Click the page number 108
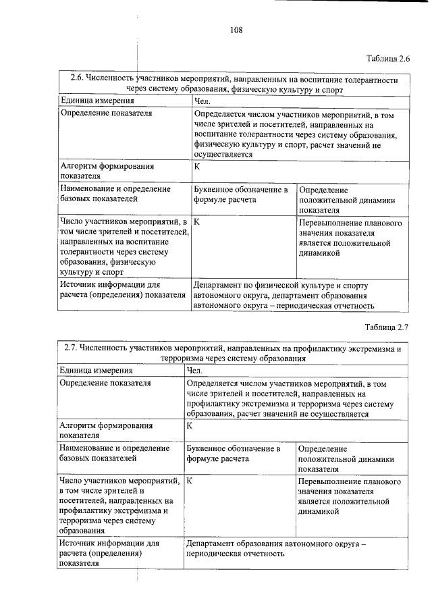click(236, 29)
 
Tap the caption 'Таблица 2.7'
click(388, 328)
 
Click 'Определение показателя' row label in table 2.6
click(106, 113)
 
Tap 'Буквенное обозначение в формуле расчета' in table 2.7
click(234, 453)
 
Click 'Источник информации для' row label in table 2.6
click(109, 285)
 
